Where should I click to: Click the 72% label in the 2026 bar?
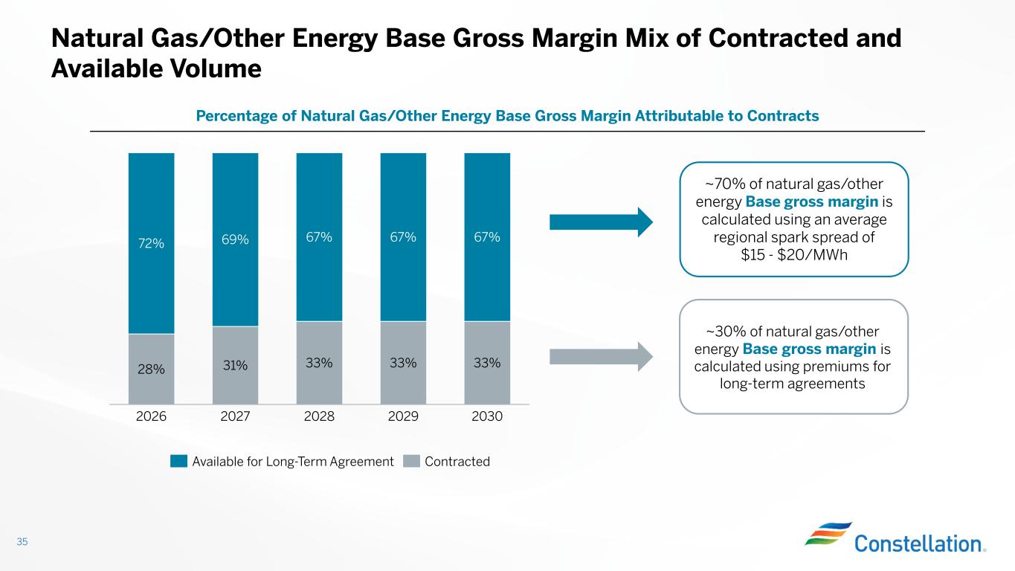click(x=151, y=243)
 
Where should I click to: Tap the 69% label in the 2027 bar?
click(x=235, y=240)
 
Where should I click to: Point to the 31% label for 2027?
click(x=235, y=365)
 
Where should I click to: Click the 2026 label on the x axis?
click(x=151, y=417)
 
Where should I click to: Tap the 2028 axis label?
click(x=319, y=417)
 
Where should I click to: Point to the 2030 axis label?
click(x=487, y=417)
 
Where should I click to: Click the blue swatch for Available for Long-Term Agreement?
click(x=178, y=462)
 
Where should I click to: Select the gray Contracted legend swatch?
click(x=411, y=462)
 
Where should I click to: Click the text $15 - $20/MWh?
click(x=793, y=255)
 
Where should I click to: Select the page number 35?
click(x=22, y=542)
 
